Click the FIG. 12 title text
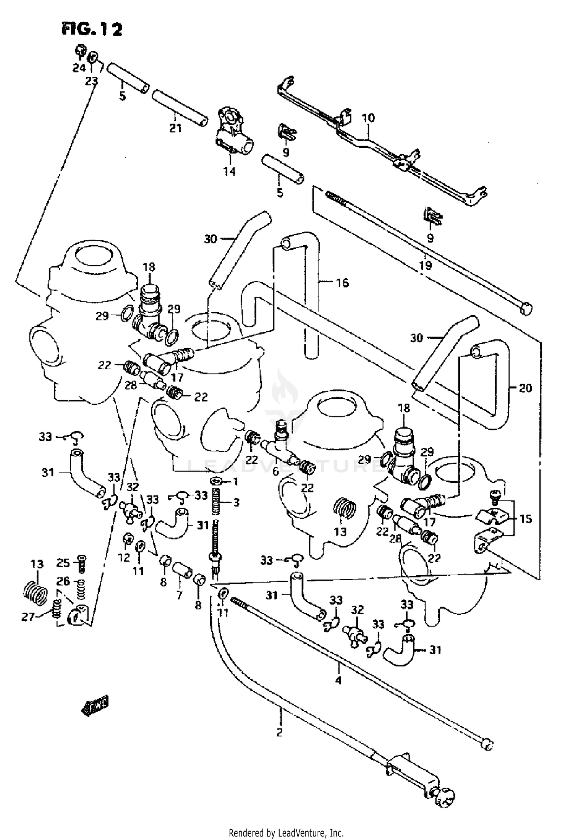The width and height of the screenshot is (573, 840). pos(92,29)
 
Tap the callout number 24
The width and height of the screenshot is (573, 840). pos(79,68)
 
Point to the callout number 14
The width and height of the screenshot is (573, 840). pos(230,172)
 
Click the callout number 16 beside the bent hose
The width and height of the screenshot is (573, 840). pos(342,283)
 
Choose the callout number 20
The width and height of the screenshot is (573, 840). pos(526,388)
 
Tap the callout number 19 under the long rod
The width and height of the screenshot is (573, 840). pos(425,265)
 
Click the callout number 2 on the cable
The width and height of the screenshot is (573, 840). pos(279,733)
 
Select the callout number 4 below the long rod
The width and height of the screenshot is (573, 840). pos(338,680)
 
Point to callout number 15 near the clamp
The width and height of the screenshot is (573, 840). pos(526,519)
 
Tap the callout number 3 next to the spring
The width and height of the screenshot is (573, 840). pos(236,502)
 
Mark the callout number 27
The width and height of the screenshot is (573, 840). pos(28,617)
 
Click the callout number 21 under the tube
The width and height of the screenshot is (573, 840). pos(175,128)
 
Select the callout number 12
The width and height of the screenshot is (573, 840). pos(124,558)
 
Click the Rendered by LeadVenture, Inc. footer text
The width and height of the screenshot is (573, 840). pos(286,832)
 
